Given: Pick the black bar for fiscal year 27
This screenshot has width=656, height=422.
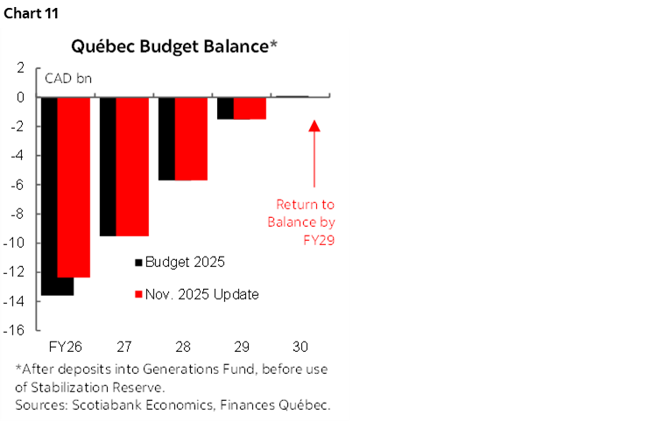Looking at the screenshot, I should click(x=107, y=166).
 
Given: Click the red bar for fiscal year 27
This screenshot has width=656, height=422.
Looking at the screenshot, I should click(x=132, y=166).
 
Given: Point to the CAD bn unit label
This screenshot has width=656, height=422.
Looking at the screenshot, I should click(x=69, y=78).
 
